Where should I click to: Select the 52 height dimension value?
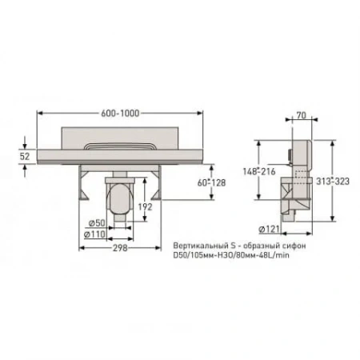[x=25, y=157]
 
